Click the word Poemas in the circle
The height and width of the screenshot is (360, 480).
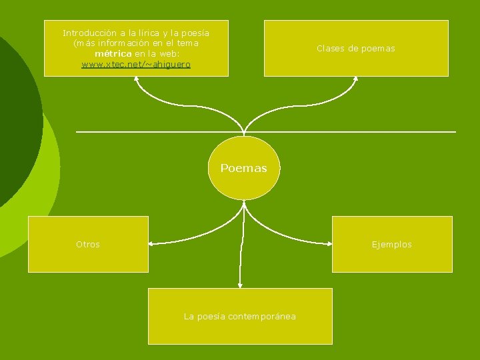(243, 168)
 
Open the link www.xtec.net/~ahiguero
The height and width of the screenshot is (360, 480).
(136, 64)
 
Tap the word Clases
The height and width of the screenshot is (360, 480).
(330, 49)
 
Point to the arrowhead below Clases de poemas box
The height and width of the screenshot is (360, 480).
(355, 79)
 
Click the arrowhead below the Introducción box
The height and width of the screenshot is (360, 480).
(136, 79)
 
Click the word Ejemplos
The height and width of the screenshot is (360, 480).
(392, 245)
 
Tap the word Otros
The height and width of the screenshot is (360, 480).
(88, 245)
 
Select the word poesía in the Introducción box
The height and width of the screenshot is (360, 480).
(195, 33)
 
